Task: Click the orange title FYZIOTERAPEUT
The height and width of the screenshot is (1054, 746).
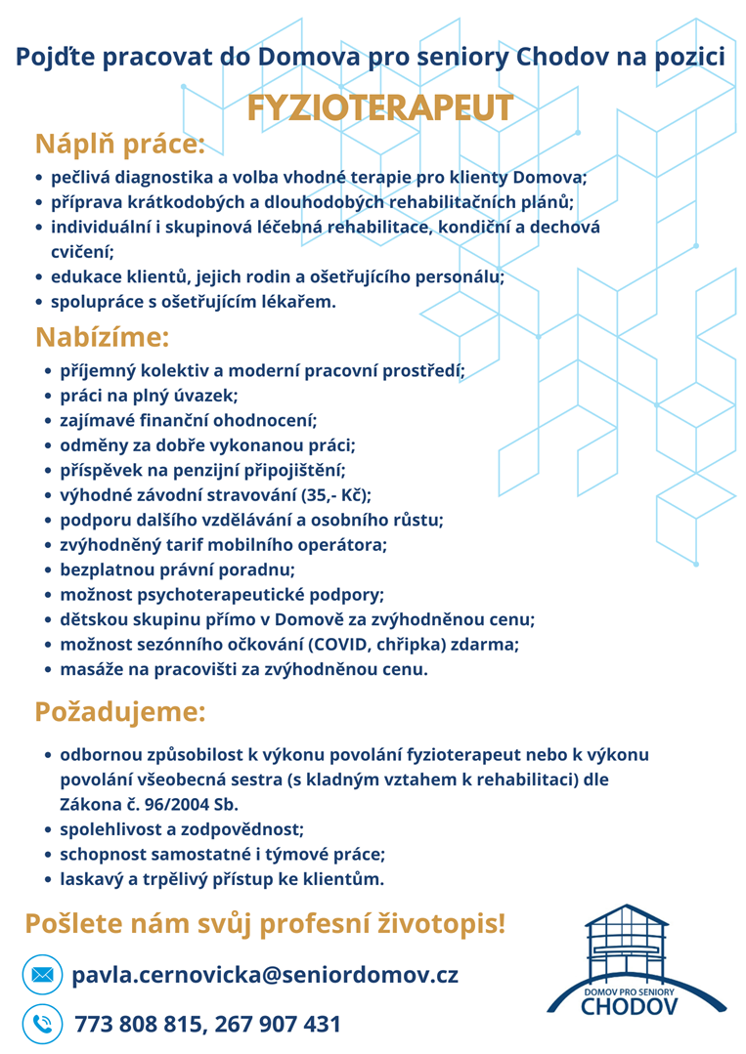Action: tap(379, 108)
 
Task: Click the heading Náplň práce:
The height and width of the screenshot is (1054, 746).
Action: tap(120, 145)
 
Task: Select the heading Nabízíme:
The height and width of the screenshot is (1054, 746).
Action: tap(102, 337)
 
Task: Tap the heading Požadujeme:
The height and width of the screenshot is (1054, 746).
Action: tap(120, 711)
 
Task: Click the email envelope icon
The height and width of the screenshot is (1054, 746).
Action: tap(42, 975)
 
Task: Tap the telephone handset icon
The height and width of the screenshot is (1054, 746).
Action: tap(42, 1024)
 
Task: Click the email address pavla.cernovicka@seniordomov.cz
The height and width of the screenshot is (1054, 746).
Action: tap(265, 975)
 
